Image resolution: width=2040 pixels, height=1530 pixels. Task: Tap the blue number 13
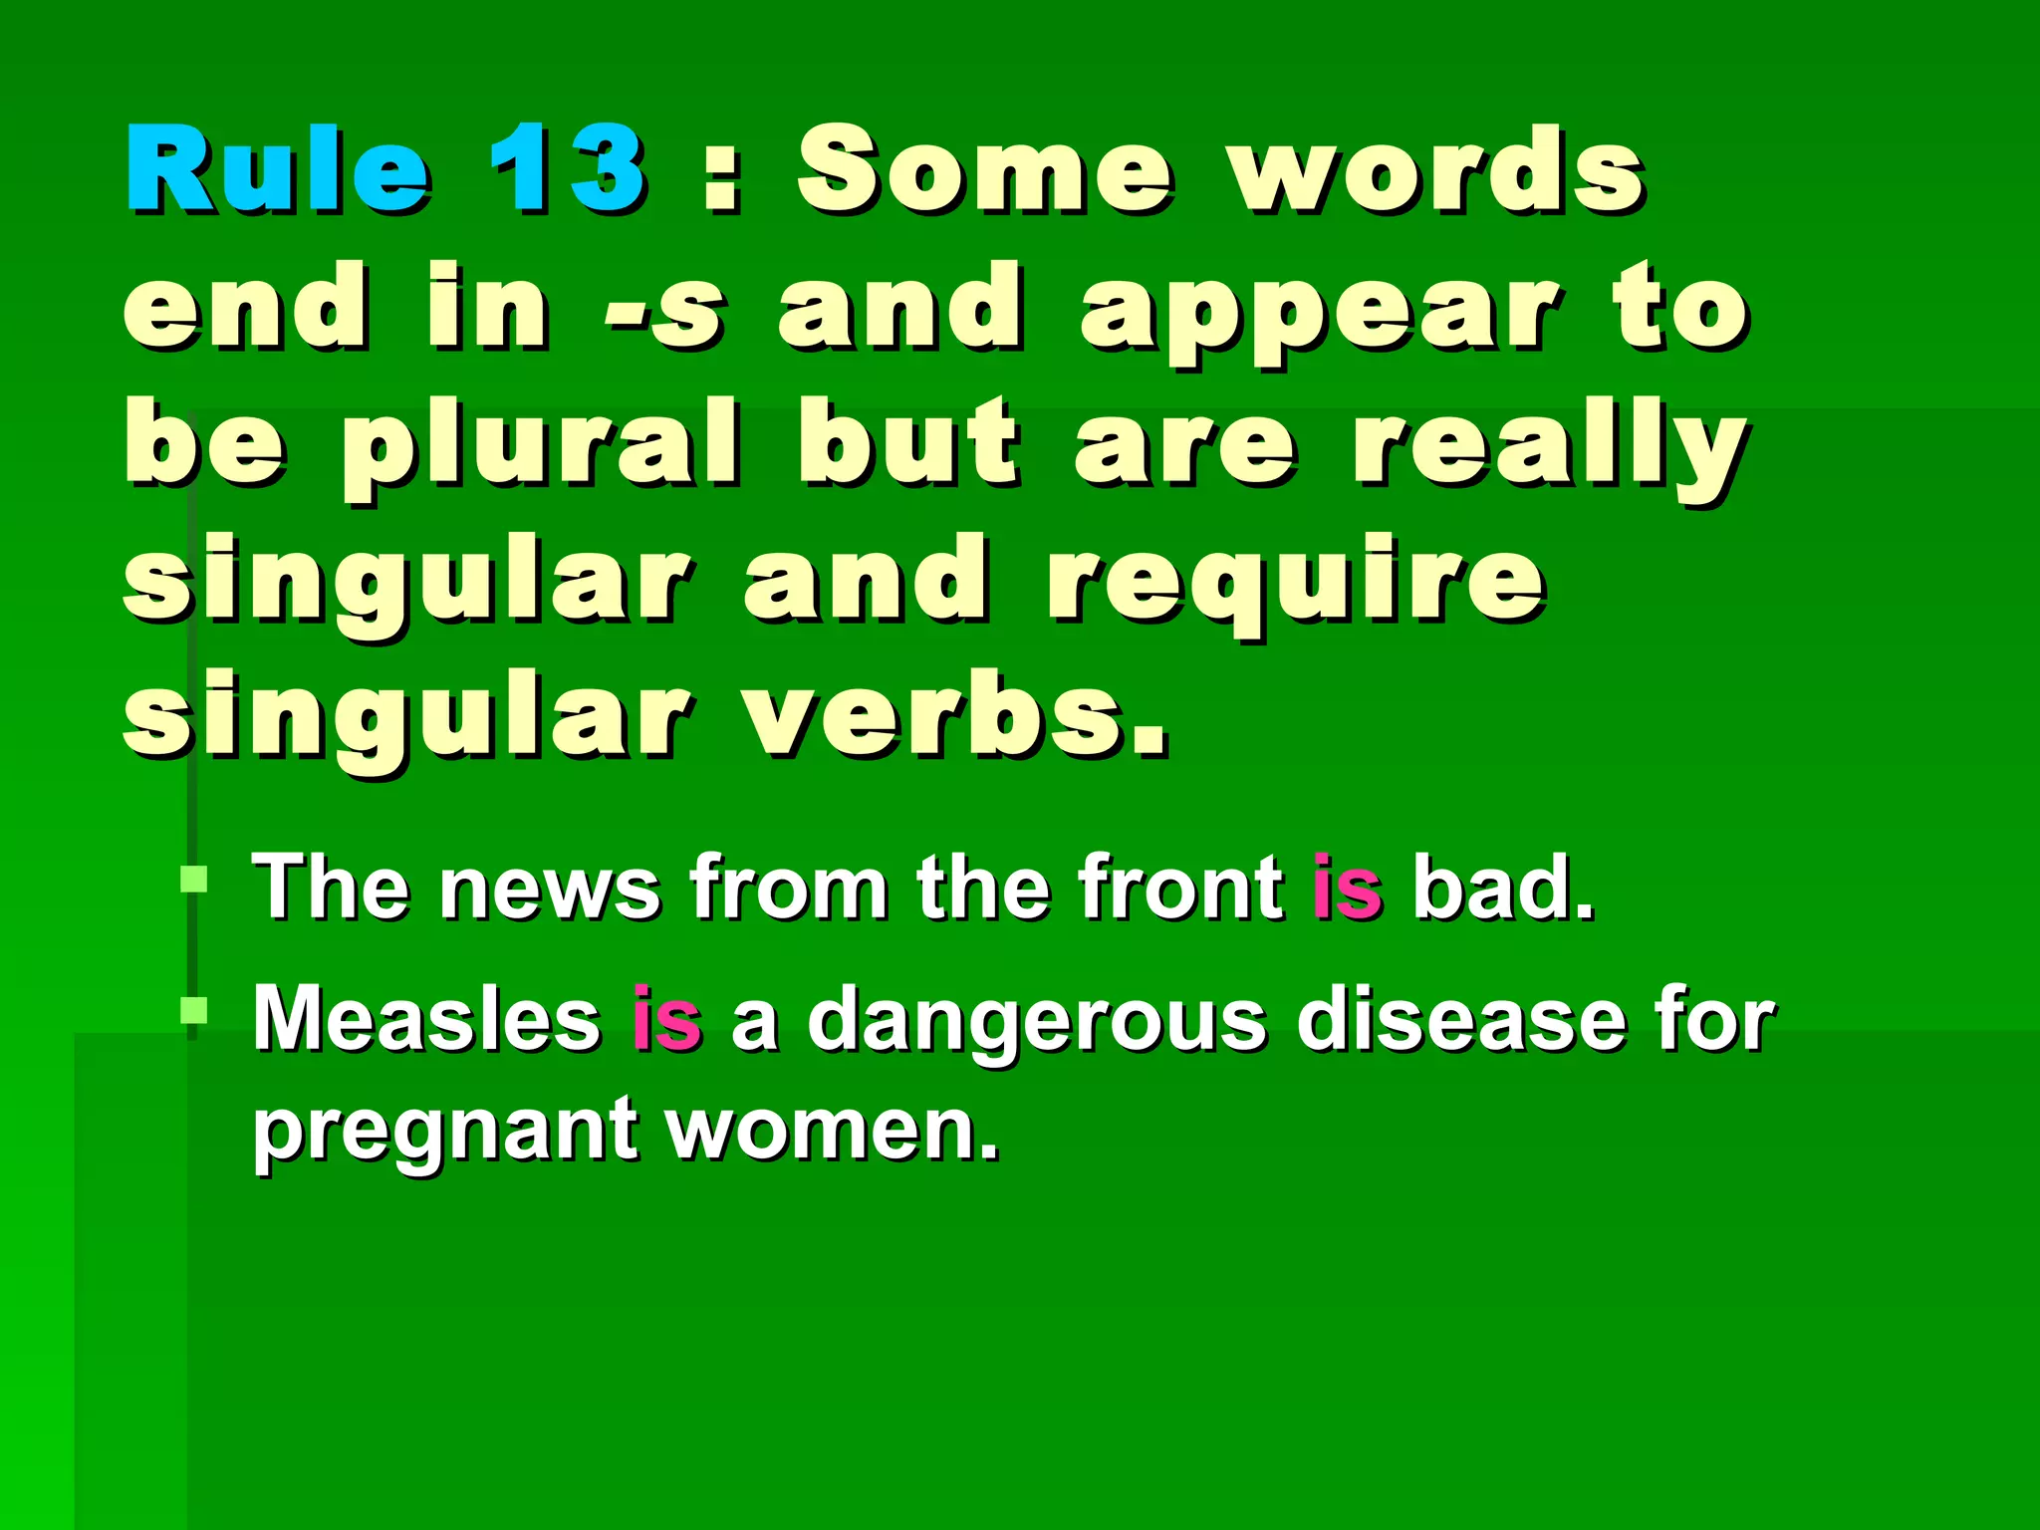coord(566,169)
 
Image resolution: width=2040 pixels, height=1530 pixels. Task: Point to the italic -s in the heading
coord(663,309)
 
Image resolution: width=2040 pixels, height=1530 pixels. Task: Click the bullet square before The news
coord(193,880)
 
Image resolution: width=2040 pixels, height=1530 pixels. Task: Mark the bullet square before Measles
coord(193,1012)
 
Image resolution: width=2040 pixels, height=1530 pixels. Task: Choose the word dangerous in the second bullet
coord(1037,1021)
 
